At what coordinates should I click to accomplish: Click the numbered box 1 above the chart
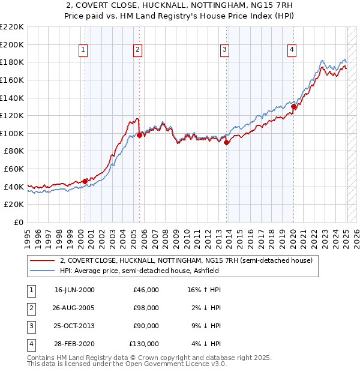[x=83, y=50]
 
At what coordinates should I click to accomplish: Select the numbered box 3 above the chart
[x=224, y=50]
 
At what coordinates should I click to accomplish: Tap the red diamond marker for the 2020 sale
[x=293, y=107]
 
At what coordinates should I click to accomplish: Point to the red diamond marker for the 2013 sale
[x=227, y=142]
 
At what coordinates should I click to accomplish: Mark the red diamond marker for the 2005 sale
[x=139, y=135]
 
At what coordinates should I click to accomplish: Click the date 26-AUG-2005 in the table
[x=74, y=308]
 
